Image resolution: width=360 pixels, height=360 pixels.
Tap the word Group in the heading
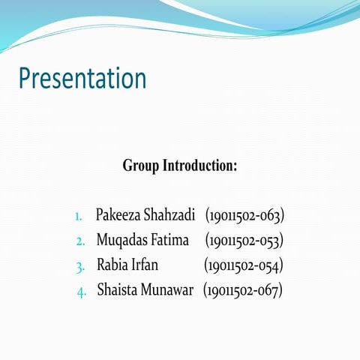pyautogui.click(x=141, y=166)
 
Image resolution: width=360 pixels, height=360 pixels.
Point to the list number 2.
pyautogui.click(x=80, y=242)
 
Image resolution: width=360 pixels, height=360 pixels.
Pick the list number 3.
pyautogui.click(x=80, y=266)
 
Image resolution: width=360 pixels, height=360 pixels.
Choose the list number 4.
pyautogui.click(x=82, y=291)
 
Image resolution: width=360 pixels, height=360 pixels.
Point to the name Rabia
pyautogui.click(x=115, y=265)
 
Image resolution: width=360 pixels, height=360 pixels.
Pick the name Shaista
pyautogui.click(x=121, y=289)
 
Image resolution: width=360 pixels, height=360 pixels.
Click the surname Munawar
pyautogui.click(x=172, y=289)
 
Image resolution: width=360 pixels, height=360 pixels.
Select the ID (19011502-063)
pyautogui.click(x=244, y=217)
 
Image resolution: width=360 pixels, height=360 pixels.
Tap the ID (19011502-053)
pyautogui.click(x=244, y=241)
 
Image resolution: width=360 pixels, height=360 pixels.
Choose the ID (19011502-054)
pyautogui.click(x=243, y=265)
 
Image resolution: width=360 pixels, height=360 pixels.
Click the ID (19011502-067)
pyautogui.click(x=242, y=289)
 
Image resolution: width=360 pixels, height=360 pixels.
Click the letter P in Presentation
pyautogui.click(x=25, y=79)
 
